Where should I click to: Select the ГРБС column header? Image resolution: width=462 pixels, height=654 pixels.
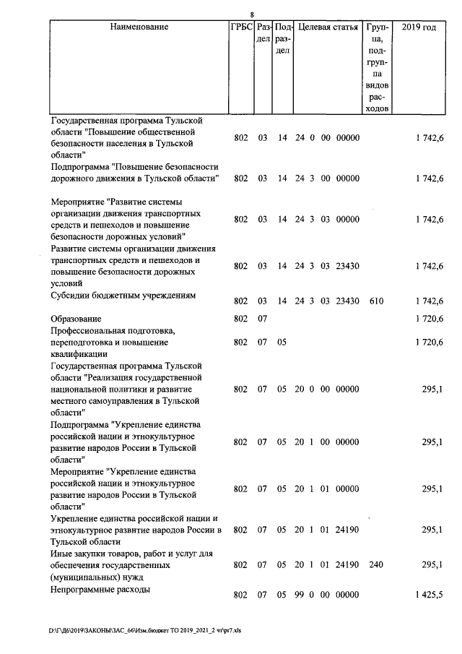[x=240, y=27]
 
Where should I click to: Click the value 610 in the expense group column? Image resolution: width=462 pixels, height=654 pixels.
[x=377, y=301]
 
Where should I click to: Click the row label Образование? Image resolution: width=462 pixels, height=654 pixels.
[x=76, y=319]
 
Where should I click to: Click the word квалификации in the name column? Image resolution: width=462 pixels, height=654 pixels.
[x=79, y=354]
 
